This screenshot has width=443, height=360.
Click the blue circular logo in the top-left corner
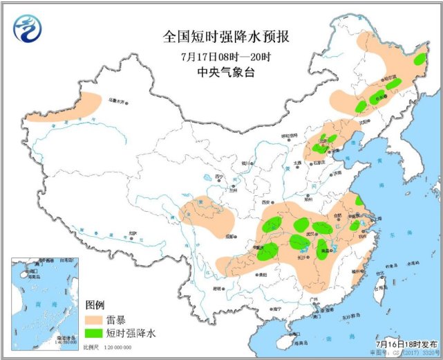coord(28,28)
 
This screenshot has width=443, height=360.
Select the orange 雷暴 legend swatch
coord(97,320)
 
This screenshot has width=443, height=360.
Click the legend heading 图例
coord(95,305)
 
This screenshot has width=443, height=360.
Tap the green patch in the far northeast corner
coord(419,60)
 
